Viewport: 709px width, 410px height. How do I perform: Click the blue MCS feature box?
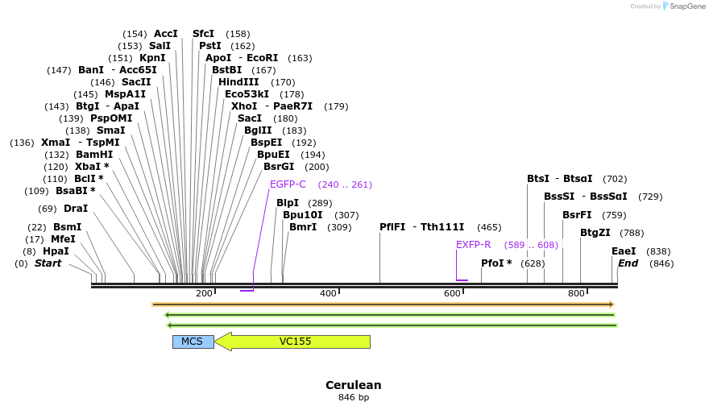(x=193, y=342)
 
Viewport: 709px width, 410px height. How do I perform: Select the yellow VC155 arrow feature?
(x=294, y=342)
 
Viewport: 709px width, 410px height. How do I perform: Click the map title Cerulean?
(x=353, y=385)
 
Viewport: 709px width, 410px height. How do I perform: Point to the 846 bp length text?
(x=353, y=398)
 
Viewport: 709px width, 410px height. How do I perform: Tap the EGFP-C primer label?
(x=288, y=184)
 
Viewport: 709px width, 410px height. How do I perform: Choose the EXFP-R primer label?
(x=473, y=245)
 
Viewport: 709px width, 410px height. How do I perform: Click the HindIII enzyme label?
(x=238, y=82)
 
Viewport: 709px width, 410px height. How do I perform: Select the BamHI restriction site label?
(x=94, y=155)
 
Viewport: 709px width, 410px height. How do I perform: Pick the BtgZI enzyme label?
(x=595, y=233)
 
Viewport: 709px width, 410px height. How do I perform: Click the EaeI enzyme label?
(x=624, y=251)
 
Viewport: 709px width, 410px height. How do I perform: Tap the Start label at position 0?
(x=48, y=263)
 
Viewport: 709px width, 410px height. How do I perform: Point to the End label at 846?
(x=628, y=263)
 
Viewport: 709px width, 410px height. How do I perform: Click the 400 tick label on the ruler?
(x=328, y=293)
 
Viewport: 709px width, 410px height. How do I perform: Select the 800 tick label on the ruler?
(x=576, y=293)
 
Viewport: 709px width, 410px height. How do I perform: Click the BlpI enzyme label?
(x=288, y=203)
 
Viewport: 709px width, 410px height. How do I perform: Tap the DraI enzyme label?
(x=75, y=209)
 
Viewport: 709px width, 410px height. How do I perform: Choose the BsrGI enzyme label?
(x=279, y=167)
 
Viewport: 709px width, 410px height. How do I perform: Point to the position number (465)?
(x=489, y=227)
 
